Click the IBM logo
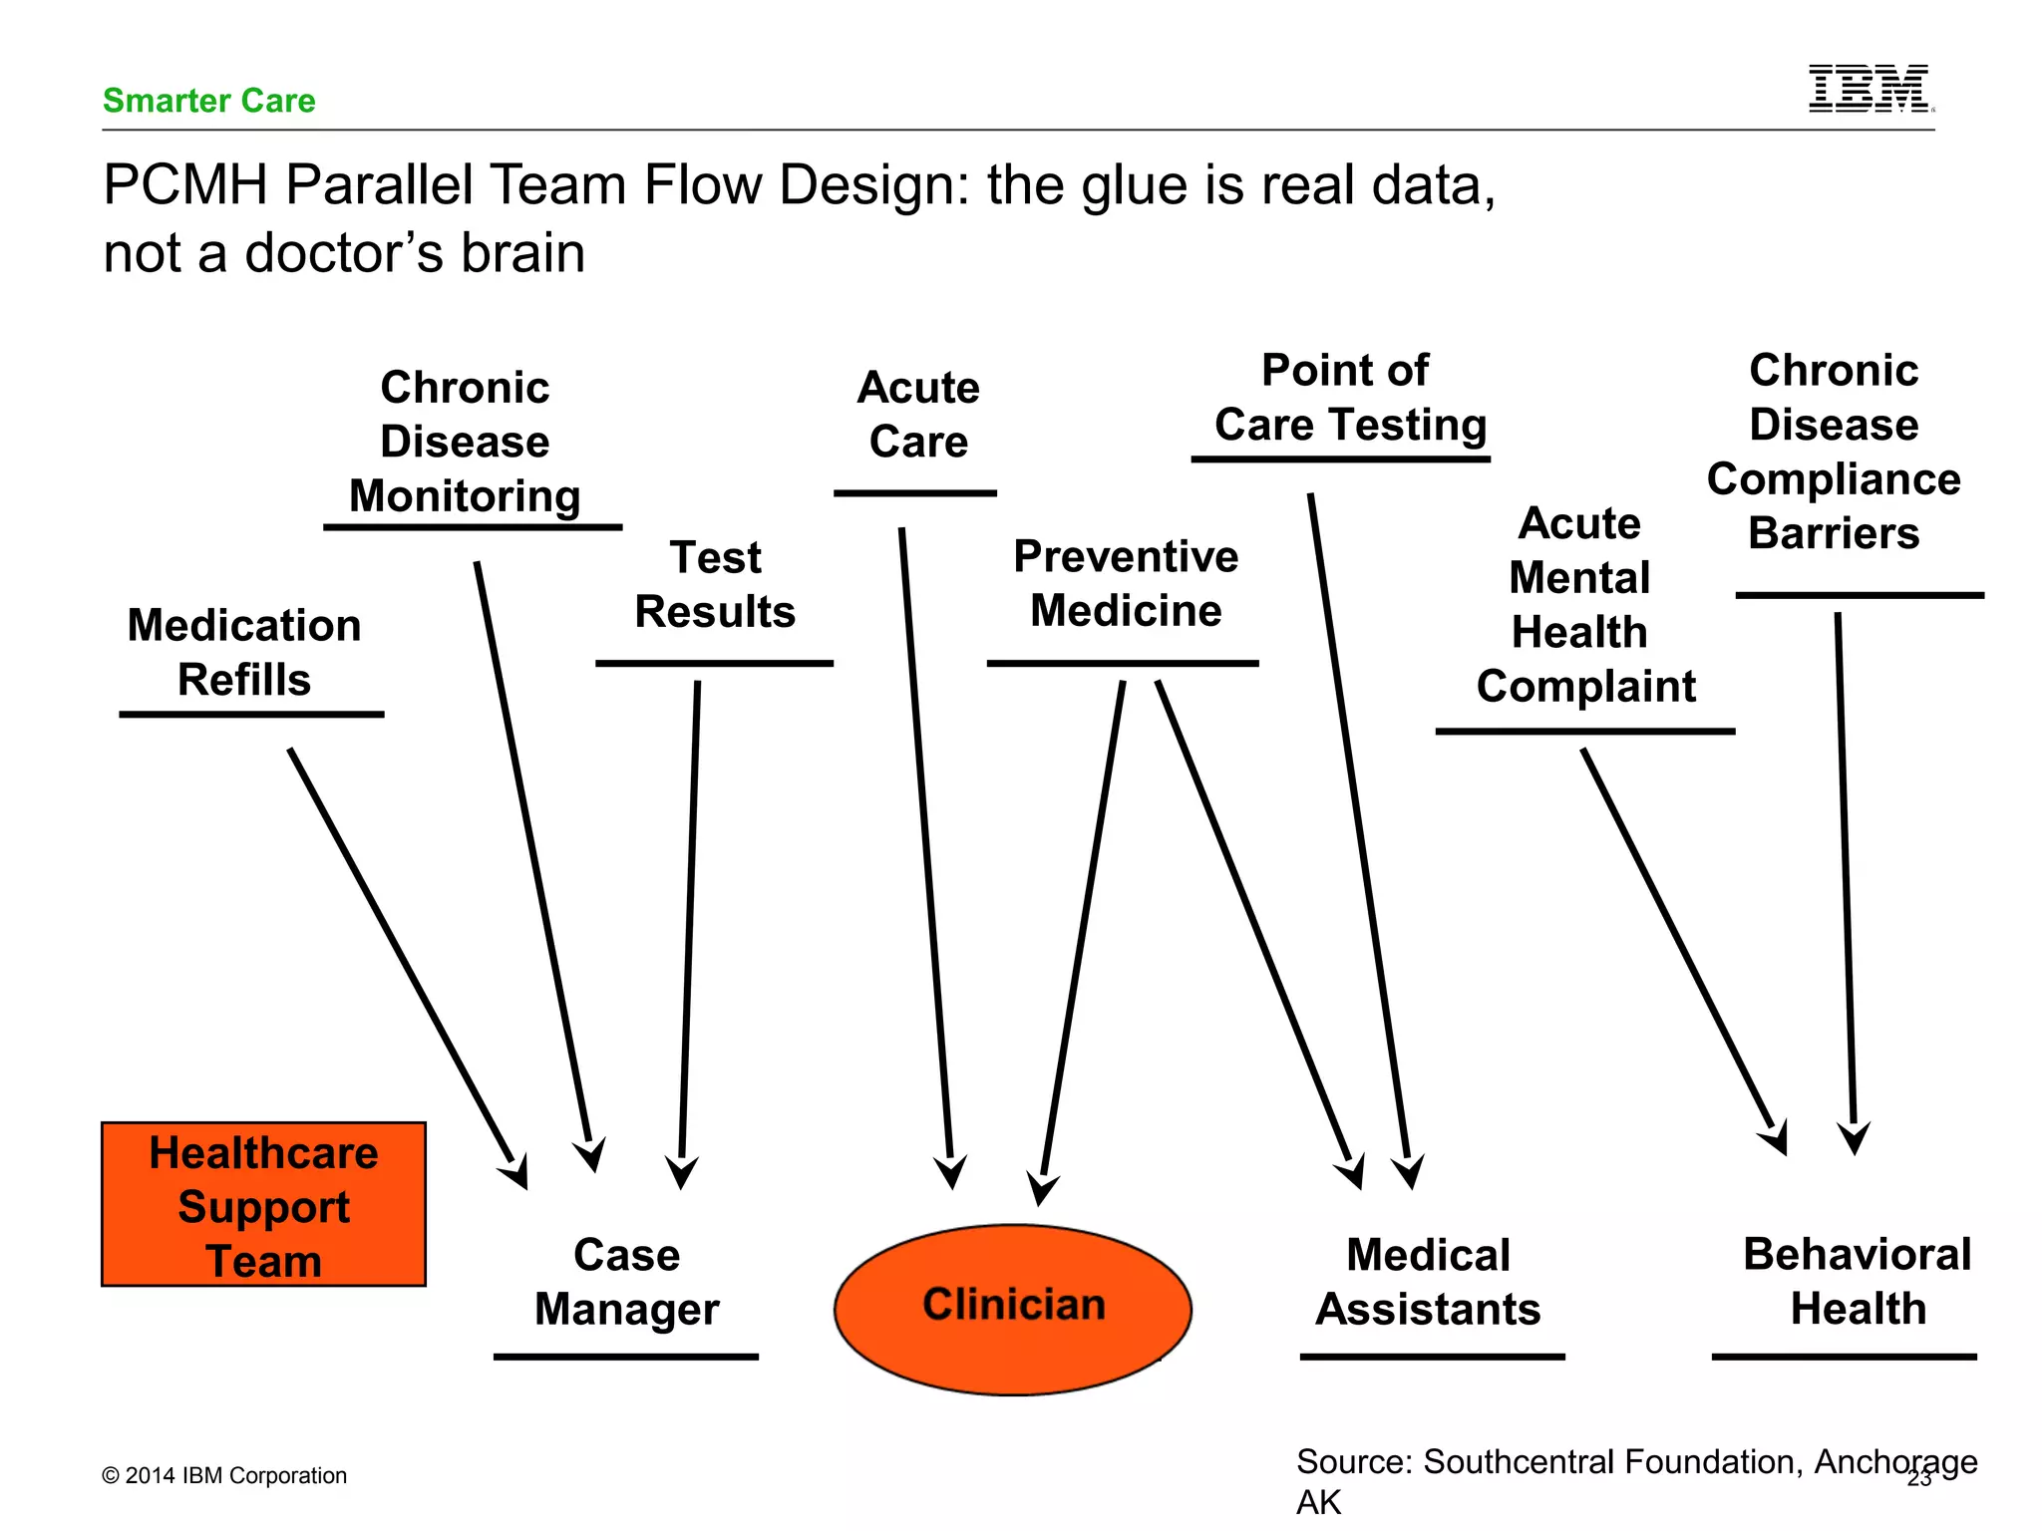click(x=1870, y=89)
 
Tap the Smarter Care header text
click(x=208, y=101)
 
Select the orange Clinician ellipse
click(x=1013, y=1308)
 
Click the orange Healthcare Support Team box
click(x=263, y=1205)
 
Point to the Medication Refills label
click(x=244, y=653)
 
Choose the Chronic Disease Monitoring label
click(x=465, y=442)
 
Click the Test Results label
click(x=715, y=584)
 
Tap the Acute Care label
click(x=918, y=415)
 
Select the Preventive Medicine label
click(x=1126, y=583)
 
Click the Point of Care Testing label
click(x=1347, y=398)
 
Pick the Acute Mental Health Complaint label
click(x=1583, y=605)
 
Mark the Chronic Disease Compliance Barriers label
click(x=1834, y=452)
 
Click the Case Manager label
click(x=626, y=1282)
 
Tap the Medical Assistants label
click(x=1428, y=1282)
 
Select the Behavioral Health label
click(x=1857, y=1281)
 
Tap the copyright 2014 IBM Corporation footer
click(x=224, y=1475)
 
